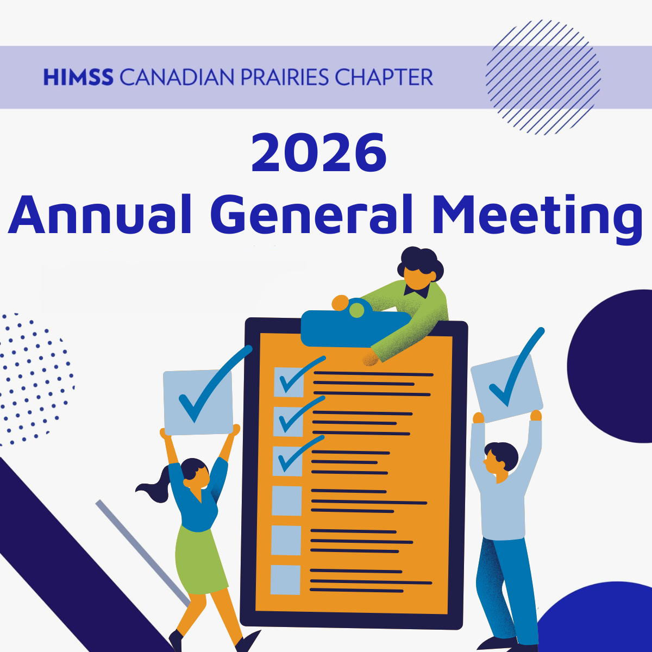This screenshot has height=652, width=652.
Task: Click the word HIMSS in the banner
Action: (x=78, y=77)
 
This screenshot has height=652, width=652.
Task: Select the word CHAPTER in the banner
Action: (x=384, y=77)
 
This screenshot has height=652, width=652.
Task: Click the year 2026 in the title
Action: (x=319, y=153)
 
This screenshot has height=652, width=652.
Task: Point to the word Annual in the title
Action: (x=99, y=214)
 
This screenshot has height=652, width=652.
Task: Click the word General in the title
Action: (x=311, y=214)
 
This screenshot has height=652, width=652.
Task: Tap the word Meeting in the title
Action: (x=537, y=219)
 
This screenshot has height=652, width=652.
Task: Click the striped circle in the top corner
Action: (x=543, y=77)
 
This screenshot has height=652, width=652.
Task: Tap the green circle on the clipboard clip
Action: (x=356, y=310)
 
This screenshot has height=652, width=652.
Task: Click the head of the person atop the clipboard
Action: (x=420, y=268)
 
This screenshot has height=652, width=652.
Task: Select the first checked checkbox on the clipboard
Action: (x=289, y=382)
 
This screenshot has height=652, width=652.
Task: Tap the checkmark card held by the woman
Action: (x=198, y=402)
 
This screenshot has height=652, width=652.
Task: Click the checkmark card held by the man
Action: (x=506, y=388)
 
